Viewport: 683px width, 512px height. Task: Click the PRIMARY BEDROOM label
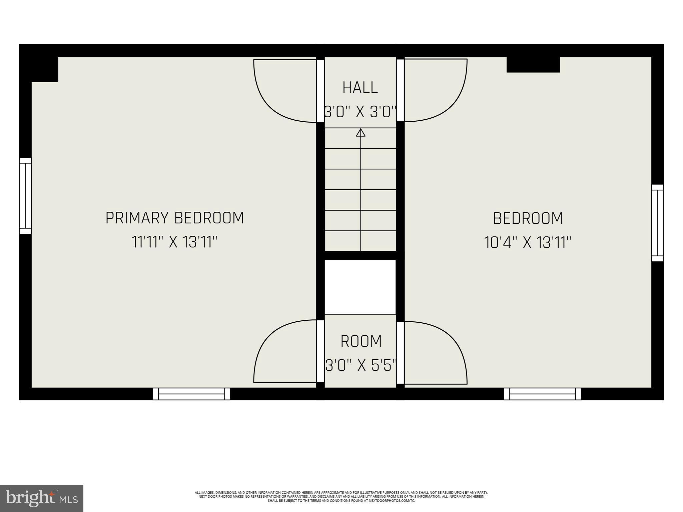click(x=175, y=218)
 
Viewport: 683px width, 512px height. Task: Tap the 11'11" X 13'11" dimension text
click(x=175, y=242)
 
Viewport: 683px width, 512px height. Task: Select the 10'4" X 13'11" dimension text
click(x=528, y=242)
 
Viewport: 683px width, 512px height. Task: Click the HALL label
click(x=360, y=88)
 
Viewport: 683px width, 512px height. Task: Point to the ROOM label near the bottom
click(x=361, y=341)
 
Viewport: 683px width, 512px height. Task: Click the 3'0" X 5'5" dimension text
click(x=361, y=366)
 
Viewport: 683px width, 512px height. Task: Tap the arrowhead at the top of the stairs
click(x=361, y=133)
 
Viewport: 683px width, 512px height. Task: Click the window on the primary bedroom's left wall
click(x=25, y=196)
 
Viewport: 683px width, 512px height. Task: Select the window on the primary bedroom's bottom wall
click(x=191, y=394)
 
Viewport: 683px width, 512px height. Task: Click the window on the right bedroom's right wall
click(x=658, y=223)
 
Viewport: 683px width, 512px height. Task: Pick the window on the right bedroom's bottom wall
click(x=543, y=394)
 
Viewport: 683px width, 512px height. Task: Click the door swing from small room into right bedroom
click(x=435, y=353)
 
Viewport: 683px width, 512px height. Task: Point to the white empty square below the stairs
click(x=360, y=287)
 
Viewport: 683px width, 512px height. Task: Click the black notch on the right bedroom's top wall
click(x=533, y=64)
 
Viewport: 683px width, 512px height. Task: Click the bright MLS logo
click(x=42, y=498)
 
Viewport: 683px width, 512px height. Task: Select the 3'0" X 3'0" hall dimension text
click(x=360, y=112)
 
